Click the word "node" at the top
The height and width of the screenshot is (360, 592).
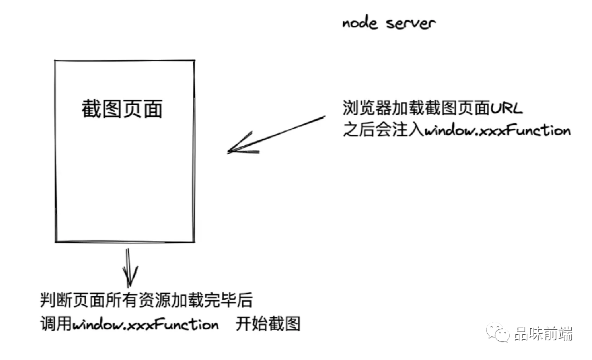360,24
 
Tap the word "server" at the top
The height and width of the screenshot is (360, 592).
411,24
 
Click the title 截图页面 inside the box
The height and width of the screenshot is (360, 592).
122,109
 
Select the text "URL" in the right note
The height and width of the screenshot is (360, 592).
506,108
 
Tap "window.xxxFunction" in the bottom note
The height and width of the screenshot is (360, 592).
145,324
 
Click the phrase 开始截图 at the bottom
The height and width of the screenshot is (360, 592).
268,324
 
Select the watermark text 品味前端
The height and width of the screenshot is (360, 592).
543,334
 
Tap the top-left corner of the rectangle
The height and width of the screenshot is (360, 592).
55,61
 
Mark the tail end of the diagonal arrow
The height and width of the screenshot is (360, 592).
325,117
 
